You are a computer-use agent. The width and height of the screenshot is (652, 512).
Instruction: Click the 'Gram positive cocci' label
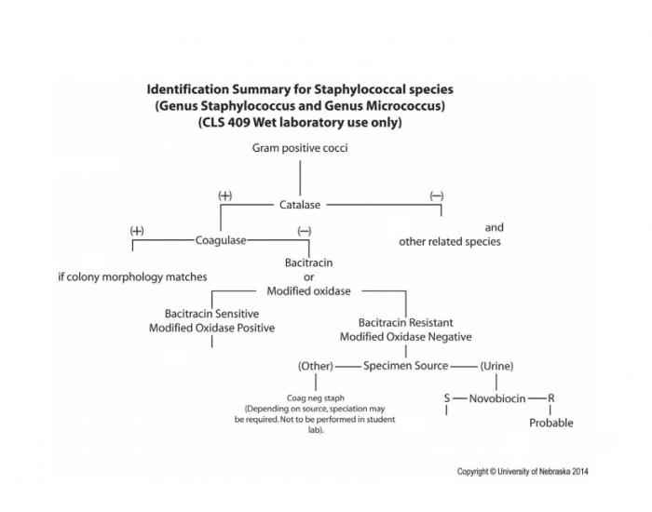tap(299, 148)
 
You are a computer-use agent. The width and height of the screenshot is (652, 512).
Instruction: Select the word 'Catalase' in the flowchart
tap(301, 204)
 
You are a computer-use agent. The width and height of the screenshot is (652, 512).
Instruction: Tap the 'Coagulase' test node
tap(221, 240)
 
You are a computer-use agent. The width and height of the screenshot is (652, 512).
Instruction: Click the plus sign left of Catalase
tap(224, 195)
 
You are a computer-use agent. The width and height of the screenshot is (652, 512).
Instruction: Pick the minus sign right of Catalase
tap(436, 195)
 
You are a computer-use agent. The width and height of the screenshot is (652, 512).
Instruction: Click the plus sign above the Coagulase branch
tap(137, 230)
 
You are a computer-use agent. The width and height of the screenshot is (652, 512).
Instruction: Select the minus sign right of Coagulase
tap(304, 230)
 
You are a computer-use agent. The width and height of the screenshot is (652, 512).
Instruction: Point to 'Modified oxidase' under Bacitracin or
tap(308, 290)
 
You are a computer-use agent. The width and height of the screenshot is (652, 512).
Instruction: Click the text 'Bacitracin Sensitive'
tap(211, 314)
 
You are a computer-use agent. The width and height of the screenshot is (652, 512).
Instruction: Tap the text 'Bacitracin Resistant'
tap(405, 322)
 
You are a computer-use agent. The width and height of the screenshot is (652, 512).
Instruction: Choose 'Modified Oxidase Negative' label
tap(405, 336)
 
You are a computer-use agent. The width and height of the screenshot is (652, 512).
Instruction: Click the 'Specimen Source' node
tap(405, 366)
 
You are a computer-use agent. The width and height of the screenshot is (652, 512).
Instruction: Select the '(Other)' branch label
tap(316, 366)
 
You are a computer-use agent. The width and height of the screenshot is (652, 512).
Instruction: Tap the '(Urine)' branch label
tap(496, 366)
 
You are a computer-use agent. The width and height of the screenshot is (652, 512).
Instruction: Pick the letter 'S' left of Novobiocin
tap(447, 397)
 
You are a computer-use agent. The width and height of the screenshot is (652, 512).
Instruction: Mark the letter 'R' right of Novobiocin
tap(550, 397)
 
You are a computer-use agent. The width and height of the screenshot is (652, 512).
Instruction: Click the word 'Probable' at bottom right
tap(550, 423)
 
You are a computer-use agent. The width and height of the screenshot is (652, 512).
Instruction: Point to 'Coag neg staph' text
tap(315, 398)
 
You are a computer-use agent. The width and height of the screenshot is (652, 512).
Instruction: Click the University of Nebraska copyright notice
tap(522, 471)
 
